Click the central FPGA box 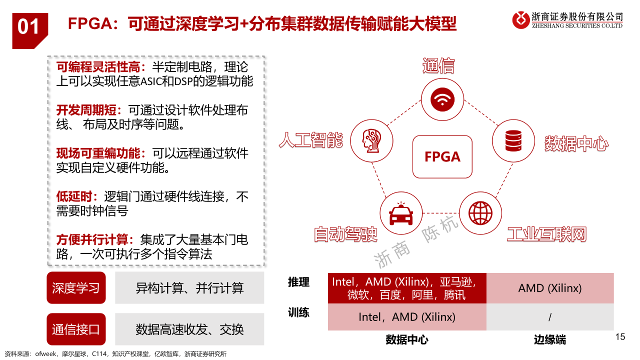click(442, 156)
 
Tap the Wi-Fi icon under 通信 click(442, 99)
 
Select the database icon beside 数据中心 click(513, 140)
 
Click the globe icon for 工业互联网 click(480, 213)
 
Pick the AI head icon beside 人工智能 click(371, 141)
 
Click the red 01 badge click(29, 31)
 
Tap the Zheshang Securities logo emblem click(521, 20)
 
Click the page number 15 click(620, 337)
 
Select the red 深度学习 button click(76, 287)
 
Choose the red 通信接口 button click(76, 329)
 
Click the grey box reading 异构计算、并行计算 click(189, 287)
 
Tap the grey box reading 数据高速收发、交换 click(189, 329)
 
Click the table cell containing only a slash click(550, 317)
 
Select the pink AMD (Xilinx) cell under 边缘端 click(550, 288)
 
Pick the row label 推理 click(298, 282)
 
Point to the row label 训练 click(298, 312)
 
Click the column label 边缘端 click(550, 339)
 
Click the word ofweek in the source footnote click(45, 354)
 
